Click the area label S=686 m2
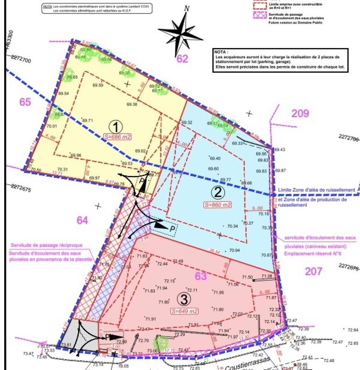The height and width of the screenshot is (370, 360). [x=118, y=137]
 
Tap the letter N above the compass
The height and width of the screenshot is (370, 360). [x=187, y=8]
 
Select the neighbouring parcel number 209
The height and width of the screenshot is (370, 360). [x=300, y=113]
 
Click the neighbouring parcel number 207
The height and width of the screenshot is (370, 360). [x=314, y=271]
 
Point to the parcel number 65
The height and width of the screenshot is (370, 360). [x=25, y=102]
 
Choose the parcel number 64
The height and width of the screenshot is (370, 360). [x=82, y=220]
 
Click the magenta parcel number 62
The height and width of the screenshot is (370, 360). [x=183, y=59]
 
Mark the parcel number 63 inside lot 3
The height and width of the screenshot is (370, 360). [x=201, y=277]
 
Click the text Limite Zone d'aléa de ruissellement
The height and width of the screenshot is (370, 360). [x=316, y=190]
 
